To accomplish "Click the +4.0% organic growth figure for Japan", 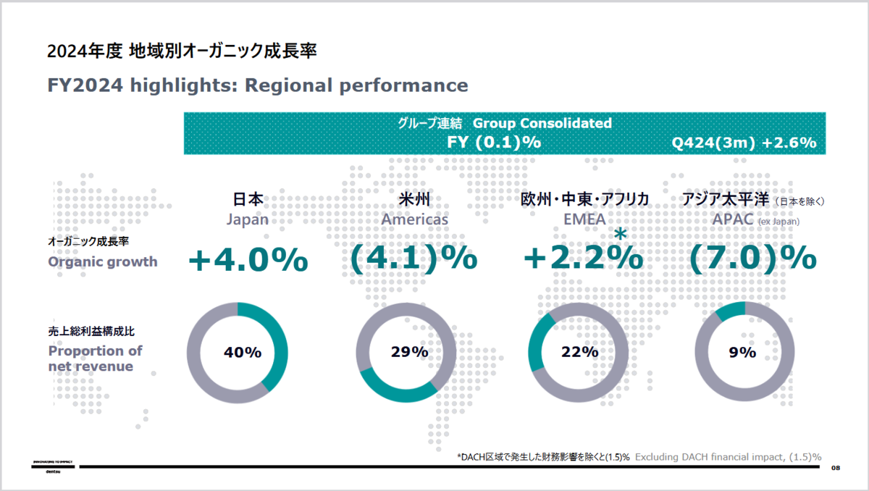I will [248, 260].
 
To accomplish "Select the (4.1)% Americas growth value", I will [413, 259].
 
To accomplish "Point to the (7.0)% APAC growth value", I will [752, 259].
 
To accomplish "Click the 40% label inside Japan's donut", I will [242, 353].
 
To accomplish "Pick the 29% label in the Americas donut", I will [410, 353].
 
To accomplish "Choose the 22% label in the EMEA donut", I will [579, 353].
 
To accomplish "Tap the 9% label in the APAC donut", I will [742, 353].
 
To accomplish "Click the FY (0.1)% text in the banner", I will [495, 143].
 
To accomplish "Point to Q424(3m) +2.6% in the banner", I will [744, 143].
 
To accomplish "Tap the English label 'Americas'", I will [415, 219].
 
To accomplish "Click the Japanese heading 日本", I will [248, 200].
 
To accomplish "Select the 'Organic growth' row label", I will [102, 261].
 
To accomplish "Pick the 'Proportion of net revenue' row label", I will [95, 358].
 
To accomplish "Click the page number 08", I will [836, 468].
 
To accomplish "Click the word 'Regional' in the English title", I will [289, 85].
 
